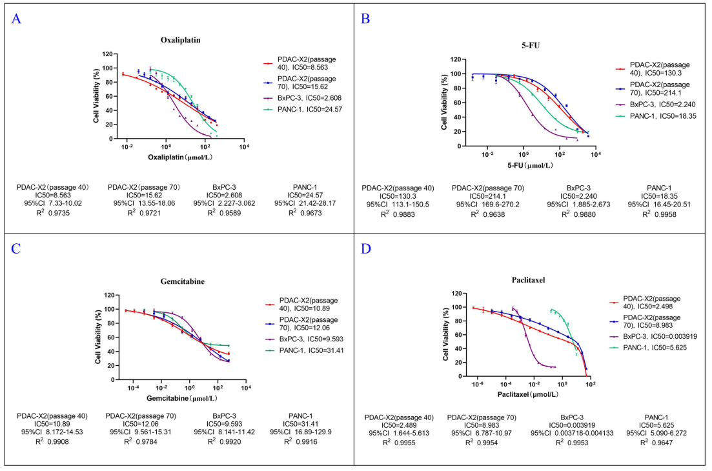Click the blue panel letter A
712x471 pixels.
click(17, 19)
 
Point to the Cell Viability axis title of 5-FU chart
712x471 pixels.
click(445, 103)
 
